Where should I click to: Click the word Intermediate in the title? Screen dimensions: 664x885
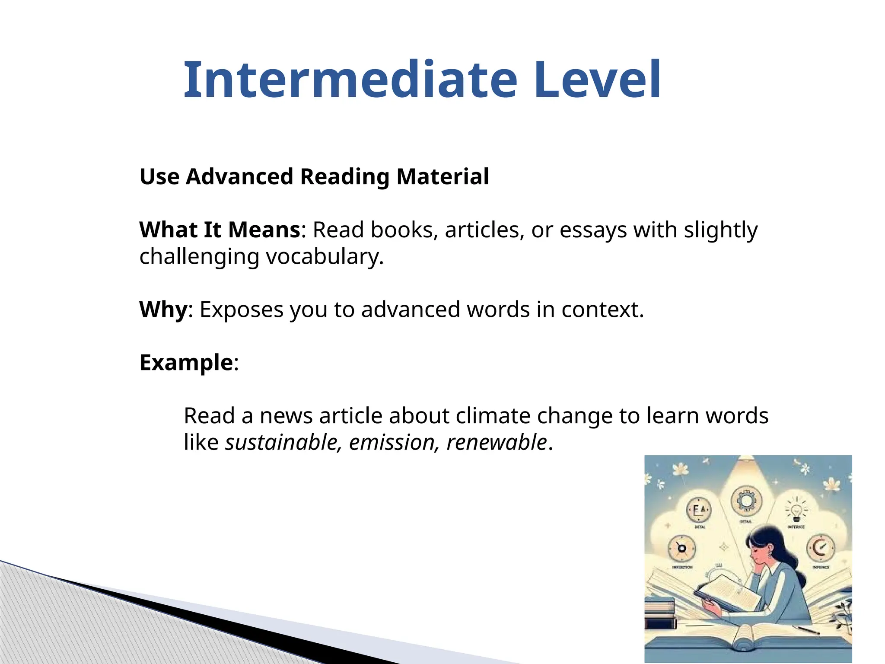pos(350,80)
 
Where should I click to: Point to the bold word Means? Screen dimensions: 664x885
pos(264,230)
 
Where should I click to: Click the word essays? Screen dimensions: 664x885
pos(593,230)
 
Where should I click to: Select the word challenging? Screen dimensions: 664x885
pos(199,257)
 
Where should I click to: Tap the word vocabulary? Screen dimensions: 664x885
pos(325,257)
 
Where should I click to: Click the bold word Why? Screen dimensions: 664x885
pos(164,310)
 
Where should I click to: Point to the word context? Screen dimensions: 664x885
pos(602,310)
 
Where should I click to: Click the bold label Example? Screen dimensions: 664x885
pos(186,362)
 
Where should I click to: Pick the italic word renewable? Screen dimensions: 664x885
pos(497,442)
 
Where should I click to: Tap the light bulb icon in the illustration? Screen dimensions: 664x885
pos(796,510)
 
